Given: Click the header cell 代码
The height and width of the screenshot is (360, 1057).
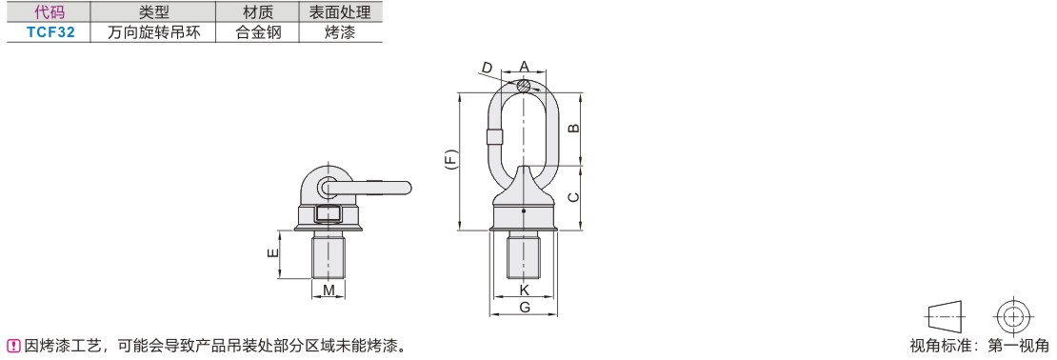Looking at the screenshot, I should coord(49,12).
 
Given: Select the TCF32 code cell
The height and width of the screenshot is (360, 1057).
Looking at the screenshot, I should coord(49,31).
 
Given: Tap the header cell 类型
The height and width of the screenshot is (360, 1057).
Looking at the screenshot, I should coord(152,12).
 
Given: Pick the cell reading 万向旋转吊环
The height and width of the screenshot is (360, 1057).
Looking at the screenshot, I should coord(152,31).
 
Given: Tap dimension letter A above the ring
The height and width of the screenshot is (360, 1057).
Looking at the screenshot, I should coord(524,66).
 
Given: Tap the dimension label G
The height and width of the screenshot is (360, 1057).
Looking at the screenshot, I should coord(524,306).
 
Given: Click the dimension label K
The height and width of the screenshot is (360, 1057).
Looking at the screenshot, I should coord(524,289).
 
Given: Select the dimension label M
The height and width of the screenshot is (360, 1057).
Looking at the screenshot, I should coord(329,290).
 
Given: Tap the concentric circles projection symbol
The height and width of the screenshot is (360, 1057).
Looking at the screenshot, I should coord(1013,315).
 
